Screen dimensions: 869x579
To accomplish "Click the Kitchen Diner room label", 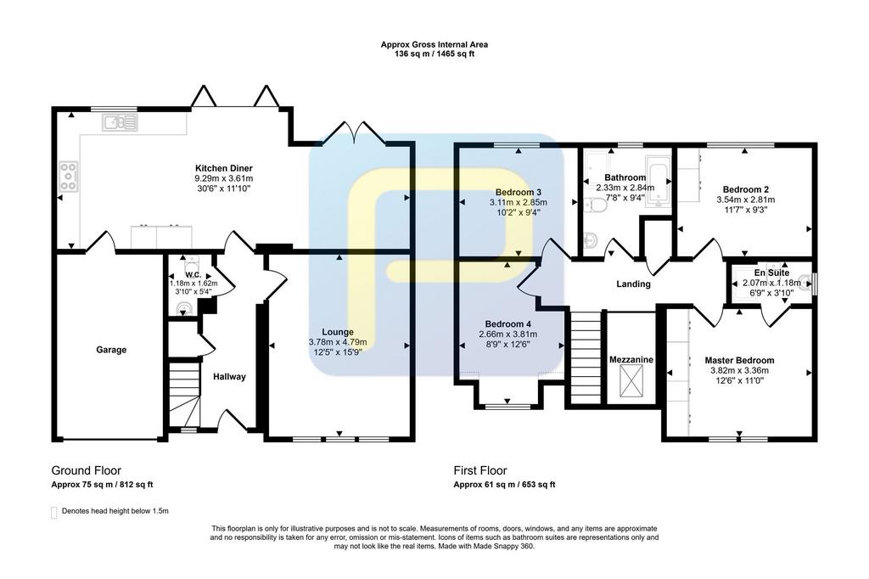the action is [223, 168].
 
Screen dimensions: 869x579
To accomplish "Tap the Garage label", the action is [111, 350].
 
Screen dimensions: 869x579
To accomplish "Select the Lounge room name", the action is [338, 332].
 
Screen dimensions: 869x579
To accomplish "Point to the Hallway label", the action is [229, 377].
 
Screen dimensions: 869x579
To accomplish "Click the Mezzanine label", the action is [631, 359].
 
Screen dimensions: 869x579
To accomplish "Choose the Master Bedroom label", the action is [739, 361].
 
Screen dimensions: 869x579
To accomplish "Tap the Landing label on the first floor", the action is [633, 284].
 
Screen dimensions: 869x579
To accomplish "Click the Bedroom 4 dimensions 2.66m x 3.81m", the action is [507, 334].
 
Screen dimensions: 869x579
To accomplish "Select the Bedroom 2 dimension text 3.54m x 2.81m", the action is [745, 200].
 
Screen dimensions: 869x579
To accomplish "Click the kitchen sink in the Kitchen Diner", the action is [120, 122].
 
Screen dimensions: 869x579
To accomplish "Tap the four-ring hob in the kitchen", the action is [68, 177].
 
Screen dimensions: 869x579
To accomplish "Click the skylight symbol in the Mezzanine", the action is [631, 384].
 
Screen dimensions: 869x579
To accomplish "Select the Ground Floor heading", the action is [86, 471].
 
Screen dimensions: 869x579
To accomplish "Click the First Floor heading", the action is [480, 471].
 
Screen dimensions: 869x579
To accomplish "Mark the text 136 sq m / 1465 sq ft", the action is [434, 54].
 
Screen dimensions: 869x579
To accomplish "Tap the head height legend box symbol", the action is [53, 513].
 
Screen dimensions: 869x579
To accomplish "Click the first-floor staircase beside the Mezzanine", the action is [586, 357].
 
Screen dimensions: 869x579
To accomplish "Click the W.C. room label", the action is [193, 275].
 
